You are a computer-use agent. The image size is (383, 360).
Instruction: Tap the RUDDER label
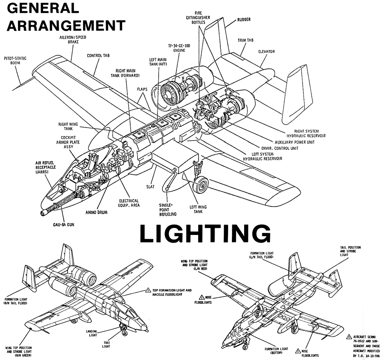(x=244, y=19)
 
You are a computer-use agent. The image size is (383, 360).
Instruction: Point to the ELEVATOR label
(x=266, y=52)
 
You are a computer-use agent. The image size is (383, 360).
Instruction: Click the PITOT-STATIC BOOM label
(x=15, y=61)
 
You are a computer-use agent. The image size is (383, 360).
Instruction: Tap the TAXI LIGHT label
(x=106, y=344)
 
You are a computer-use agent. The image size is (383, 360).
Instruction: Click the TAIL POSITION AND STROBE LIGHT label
(x=350, y=251)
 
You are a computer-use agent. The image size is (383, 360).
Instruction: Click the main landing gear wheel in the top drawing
(x=200, y=187)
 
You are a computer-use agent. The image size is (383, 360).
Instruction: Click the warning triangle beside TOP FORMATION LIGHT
(x=148, y=291)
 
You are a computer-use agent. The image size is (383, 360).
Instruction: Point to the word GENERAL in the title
(x=43, y=7)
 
